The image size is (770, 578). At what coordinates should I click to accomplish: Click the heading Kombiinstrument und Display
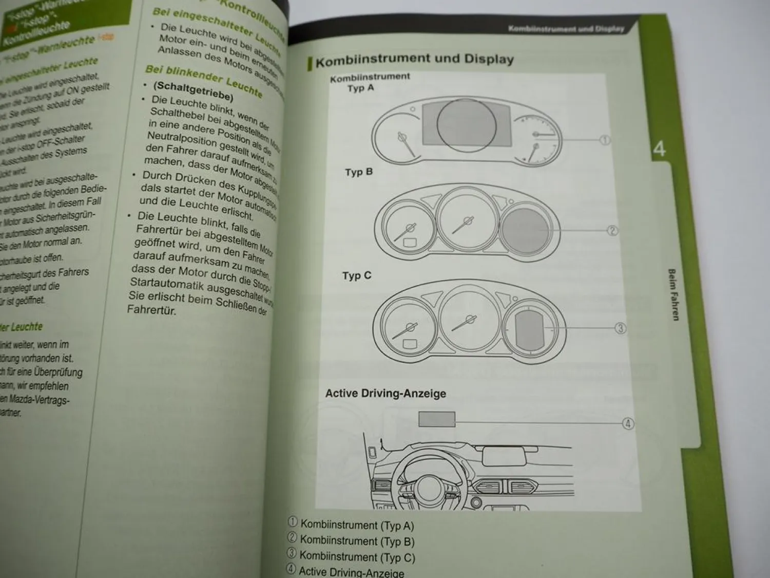point(414,60)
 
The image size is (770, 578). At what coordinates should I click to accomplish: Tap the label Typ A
point(360,88)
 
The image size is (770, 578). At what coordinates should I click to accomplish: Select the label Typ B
point(358,172)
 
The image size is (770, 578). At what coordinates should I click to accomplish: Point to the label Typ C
point(357,276)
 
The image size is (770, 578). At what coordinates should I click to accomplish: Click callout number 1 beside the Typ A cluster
point(605,140)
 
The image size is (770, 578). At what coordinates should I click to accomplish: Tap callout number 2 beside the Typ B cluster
point(612,231)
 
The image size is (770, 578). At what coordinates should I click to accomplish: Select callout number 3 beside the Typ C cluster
point(620,328)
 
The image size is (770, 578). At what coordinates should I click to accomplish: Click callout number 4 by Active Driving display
point(628,424)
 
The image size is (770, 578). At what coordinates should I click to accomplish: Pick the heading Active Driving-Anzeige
point(386,394)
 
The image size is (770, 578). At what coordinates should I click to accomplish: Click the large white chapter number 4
point(659,149)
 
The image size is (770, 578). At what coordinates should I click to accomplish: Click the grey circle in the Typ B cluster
point(523,230)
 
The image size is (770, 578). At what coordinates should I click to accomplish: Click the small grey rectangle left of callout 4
point(436,419)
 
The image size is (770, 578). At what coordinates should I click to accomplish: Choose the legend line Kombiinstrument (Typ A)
point(357,525)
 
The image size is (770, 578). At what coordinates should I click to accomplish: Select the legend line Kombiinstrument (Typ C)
point(357,556)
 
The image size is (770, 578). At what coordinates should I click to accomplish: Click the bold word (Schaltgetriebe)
point(194,91)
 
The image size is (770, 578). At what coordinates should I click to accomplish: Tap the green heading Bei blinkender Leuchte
point(204,80)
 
